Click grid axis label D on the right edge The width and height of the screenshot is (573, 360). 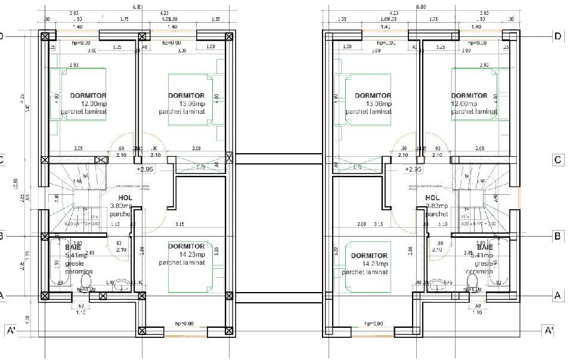pyautogui.click(x=557, y=36)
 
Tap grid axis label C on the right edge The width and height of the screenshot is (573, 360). pyautogui.click(x=557, y=160)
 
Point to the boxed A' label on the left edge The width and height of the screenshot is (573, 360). pyautogui.click(x=10, y=331)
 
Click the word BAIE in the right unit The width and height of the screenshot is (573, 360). pyautogui.click(x=484, y=247)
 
